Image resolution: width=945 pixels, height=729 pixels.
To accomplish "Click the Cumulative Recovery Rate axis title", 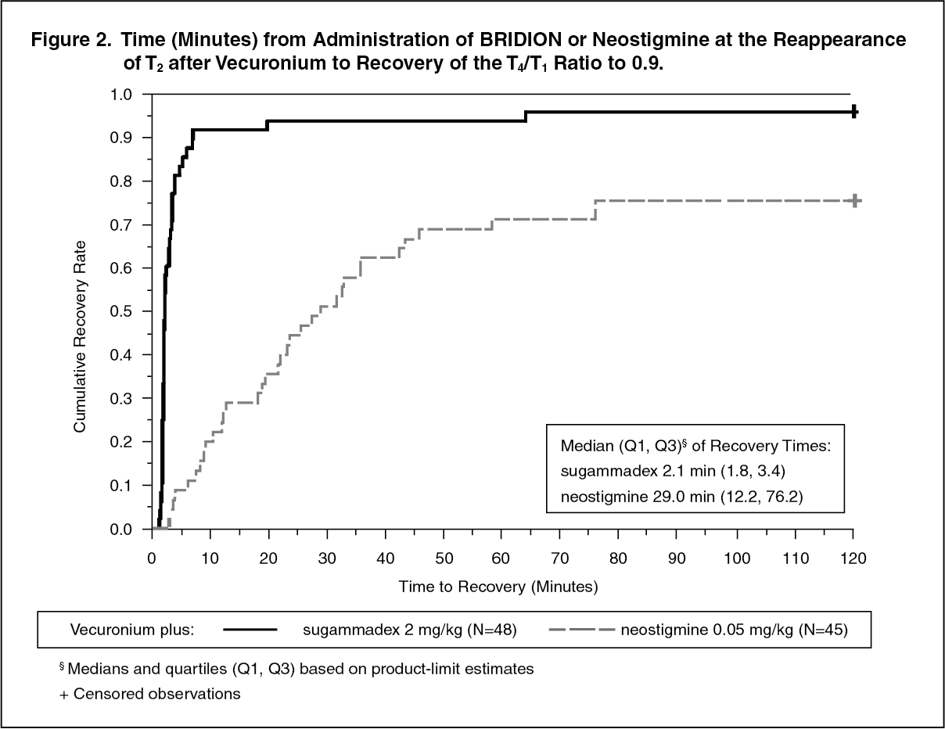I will pyautogui.click(x=80, y=312).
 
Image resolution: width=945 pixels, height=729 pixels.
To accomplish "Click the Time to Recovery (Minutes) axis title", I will pyautogui.click(x=498, y=586).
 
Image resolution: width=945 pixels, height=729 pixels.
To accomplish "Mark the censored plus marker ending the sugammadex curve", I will pyautogui.click(x=854, y=112).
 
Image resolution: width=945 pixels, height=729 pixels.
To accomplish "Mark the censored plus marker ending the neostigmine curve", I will pyautogui.click(x=855, y=201).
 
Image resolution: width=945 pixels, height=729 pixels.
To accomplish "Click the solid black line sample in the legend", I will pyautogui.click(x=251, y=629).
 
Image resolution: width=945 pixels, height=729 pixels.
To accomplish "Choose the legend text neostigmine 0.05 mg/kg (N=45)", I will pyautogui.click(x=734, y=629).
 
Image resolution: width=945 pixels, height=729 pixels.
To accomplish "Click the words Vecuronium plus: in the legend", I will pyautogui.click(x=132, y=629).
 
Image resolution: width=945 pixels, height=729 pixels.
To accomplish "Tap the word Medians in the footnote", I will pyautogui.click(x=95, y=669).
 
